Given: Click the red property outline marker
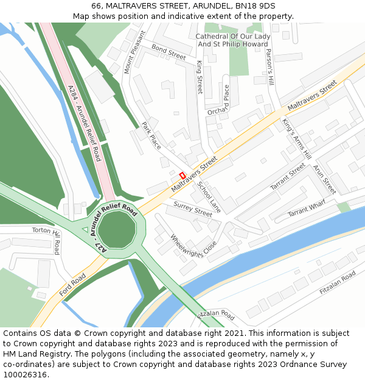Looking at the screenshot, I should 182,175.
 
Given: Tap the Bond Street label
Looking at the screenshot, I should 169,52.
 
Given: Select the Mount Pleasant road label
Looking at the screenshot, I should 134,52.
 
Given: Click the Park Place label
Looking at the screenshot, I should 151,135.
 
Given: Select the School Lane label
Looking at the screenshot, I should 209,196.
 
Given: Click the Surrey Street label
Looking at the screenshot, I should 193,209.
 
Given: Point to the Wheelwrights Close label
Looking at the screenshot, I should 193,246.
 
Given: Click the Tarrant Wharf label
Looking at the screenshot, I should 307,211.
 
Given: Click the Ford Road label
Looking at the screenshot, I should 72,285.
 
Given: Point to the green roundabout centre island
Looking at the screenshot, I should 118,230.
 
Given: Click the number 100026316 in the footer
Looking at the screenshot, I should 26,375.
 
